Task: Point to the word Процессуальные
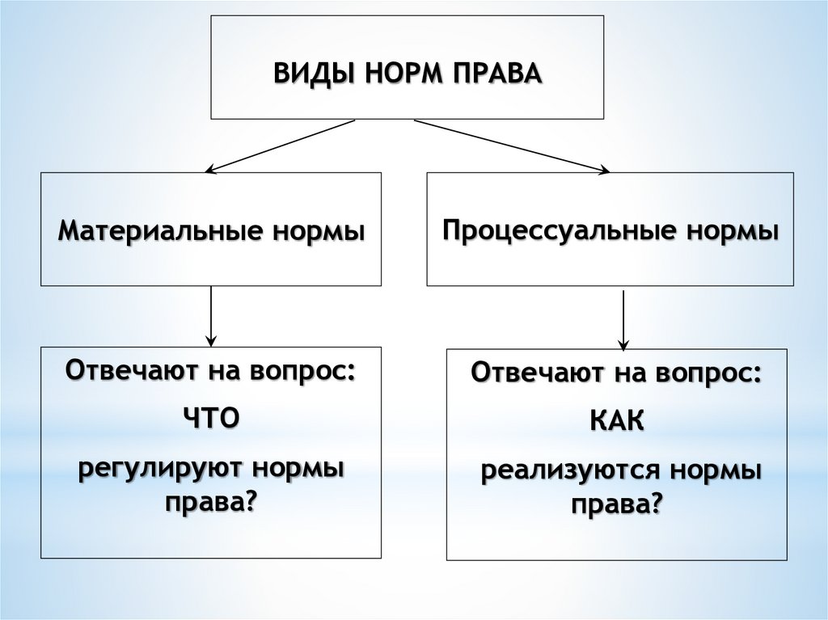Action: (559, 230)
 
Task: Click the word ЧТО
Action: (211, 418)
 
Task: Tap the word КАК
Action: (616, 421)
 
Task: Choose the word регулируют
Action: (159, 468)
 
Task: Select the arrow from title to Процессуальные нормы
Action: (512, 146)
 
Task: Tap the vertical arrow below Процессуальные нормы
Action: (623, 319)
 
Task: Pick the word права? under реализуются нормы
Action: (616, 505)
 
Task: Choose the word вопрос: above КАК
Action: (708, 374)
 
